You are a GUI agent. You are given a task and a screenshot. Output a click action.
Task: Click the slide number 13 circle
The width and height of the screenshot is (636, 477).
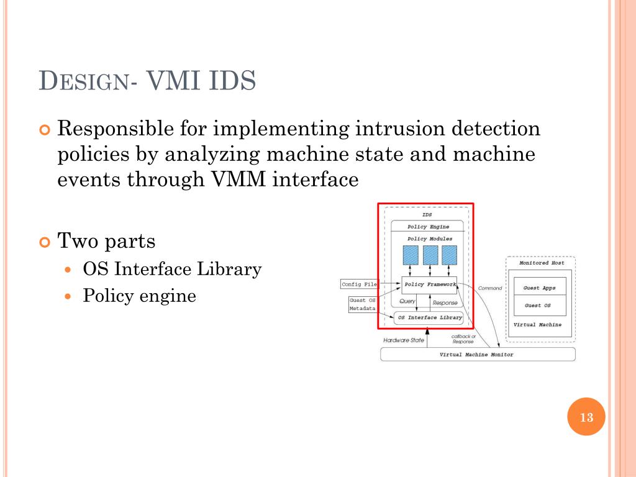click(x=586, y=417)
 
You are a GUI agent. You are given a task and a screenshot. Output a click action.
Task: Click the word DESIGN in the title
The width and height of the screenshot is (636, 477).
click(x=84, y=80)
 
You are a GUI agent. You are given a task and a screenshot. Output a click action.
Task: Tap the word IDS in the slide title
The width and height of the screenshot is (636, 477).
click(x=232, y=80)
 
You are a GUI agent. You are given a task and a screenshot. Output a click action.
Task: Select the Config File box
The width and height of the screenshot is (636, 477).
click(x=359, y=284)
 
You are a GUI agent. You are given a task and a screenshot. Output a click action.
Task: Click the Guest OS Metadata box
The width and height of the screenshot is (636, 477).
click(x=362, y=304)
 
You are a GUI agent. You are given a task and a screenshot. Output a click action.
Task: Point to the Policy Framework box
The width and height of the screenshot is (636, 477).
click(x=429, y=285)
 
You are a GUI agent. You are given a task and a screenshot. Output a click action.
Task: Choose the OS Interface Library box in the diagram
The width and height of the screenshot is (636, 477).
click(x=429, y=317)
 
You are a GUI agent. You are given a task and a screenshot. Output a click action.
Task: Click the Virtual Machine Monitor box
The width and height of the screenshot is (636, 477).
click(x=478, y=355)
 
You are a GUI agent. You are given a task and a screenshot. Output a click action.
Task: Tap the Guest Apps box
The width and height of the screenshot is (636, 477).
click(x=540, y=287)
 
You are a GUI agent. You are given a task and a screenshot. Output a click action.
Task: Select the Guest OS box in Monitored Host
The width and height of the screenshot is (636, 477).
click(x=540, y=306)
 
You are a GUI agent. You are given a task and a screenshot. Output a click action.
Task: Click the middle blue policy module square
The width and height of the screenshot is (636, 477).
click(x=430, y=255)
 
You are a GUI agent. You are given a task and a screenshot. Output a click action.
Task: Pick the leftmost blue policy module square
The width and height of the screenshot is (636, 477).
click(x=411, y=255)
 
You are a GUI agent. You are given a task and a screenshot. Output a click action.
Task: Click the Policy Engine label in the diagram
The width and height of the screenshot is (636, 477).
click(x=429, y=227)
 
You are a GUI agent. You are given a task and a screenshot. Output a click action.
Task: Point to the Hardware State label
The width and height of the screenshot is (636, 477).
click(x=404, y=340)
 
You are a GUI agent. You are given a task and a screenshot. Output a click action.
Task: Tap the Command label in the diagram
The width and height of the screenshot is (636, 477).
click(x=490, y=288)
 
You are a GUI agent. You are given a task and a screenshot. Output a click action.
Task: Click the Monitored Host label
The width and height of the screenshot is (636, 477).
click(x=542, y=263)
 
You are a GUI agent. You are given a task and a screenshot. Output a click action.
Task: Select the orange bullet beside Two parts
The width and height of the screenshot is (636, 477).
click(x=45, y=242)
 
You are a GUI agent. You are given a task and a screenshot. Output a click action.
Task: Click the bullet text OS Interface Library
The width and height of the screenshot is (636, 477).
click(x=173, y=269)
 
